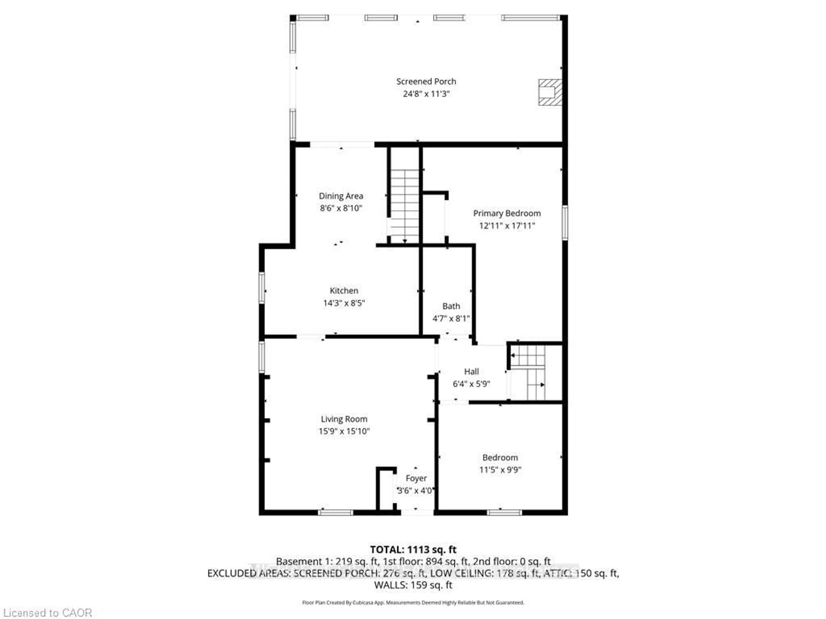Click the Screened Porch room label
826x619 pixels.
pos(426,81)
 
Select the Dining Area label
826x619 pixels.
pos(341,196)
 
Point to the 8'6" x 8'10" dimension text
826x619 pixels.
pos(341,208)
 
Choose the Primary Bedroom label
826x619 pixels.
pos(507,213)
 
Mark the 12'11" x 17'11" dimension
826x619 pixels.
pos(507,226)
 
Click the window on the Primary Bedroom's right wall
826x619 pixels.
pos(565,223)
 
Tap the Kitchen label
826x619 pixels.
pos(344,291)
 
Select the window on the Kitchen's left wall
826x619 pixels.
pos(262,288)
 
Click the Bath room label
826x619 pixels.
pos(451,306)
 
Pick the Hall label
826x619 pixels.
pos(471,372)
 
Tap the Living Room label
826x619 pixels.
pos(344,419)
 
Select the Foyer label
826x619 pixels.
pos(416,478)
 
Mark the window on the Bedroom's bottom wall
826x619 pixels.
pos(504,513)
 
